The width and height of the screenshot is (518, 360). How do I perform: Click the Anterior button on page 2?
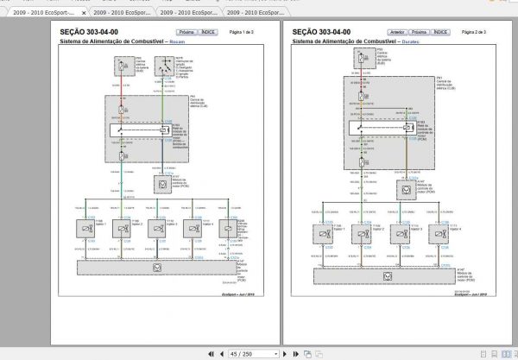[x=398, y=31]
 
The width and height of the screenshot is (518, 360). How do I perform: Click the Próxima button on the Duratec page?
[x=419, y=31]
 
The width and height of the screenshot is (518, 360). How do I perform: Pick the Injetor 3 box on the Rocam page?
[x=157, y=228]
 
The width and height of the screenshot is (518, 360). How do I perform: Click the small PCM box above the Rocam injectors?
[x=161, y=182]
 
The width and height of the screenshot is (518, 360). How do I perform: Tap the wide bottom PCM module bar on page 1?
[x=156, y=268]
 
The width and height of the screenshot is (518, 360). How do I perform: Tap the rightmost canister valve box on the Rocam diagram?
[x=227, y=228]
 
